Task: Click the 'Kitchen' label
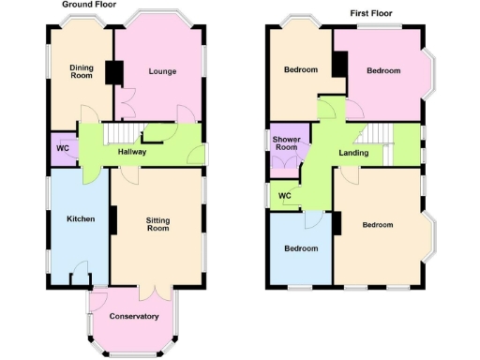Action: click(81, 218)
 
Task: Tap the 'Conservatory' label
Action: click(133, 316)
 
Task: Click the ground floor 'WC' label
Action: click(63, 148)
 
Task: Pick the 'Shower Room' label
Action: click(285, 142)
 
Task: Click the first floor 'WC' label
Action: click(284, 195)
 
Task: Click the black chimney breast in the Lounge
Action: click(115, 73)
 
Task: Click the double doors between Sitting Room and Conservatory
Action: click(142, 289)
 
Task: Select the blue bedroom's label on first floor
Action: click(302, 248)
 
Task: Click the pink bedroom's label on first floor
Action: click(383, 70)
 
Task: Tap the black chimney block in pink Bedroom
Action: click(339, 64)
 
